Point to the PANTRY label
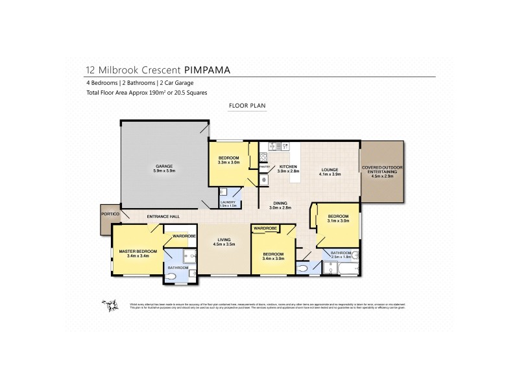click(x=264, y=167)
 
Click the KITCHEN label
click(x=288, y=167)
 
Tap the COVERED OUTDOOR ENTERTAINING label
click(x=381, y=171)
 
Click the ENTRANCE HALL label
click(x=162, y=216)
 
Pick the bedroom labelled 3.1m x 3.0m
click(x=338, y=218)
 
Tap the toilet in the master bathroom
click(x=172, y=277)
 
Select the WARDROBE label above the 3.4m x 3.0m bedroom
click(x=265, y=229)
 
